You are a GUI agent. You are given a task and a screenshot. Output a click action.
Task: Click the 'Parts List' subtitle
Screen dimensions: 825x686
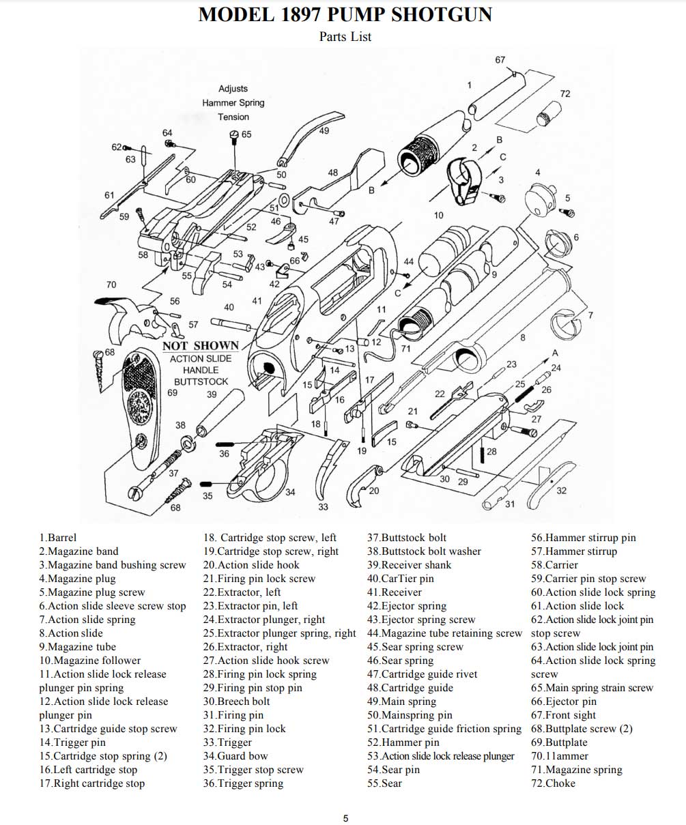coord(345,37)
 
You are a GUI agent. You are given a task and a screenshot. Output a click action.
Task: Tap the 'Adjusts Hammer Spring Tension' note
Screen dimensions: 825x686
coord(233,102)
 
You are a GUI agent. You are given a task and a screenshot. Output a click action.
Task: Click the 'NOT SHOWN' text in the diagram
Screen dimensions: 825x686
coord(201,345)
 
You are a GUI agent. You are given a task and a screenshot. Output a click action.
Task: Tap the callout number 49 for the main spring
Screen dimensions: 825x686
coord(324,131)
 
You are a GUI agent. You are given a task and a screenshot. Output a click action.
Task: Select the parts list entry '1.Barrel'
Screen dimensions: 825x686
coord(58,538)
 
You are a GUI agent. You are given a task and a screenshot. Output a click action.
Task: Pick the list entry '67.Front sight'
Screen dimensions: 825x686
coord(563,715)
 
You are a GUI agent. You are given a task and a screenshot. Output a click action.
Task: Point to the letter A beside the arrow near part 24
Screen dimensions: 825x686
coord(555,353)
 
